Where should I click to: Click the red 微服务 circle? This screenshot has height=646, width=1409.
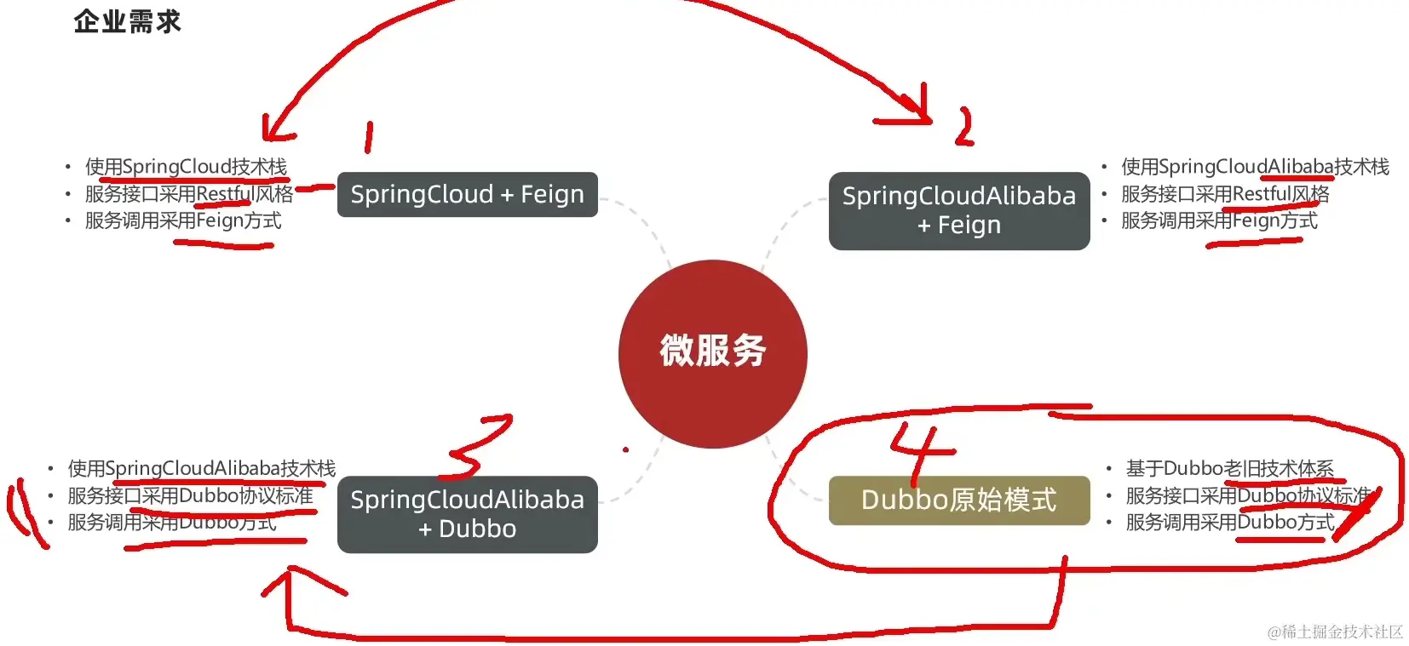pyautogui.click(x=712, y=352)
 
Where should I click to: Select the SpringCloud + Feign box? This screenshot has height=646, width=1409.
pyautogui.click(x=467, y=195)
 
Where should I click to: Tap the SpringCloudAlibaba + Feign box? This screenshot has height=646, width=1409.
pyautogui.click(x=958, y=210)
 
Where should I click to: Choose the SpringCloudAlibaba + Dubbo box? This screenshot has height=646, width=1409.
pyautogui.click(x=467, y=514)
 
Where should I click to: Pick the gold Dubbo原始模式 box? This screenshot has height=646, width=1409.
pyautogui.click(x=958, y=500)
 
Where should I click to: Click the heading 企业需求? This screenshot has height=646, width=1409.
pyautogui.click(x=128, y=21)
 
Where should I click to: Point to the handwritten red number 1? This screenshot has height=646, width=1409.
pyautogui.click(x=368, y=137)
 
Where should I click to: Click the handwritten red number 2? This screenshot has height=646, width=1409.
pyautogui.click(x=963, y=128)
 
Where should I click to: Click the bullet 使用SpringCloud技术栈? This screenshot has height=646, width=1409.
pyautogui.click(x=186, y=167)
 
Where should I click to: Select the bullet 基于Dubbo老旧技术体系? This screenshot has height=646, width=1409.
pyautogui.click(x=1229, y=468)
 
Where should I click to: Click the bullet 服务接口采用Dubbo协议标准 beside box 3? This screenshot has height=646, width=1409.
pyautogui.click(x=190, y=495)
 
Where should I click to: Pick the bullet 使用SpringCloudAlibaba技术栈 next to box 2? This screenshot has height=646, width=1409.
pyautogui.click(x=1255, y=167)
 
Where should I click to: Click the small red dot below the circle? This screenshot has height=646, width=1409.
pyautogui.click(x=625, y=449)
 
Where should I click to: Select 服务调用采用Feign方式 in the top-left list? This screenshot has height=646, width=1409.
pyautogui.click(x=183, y=221)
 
